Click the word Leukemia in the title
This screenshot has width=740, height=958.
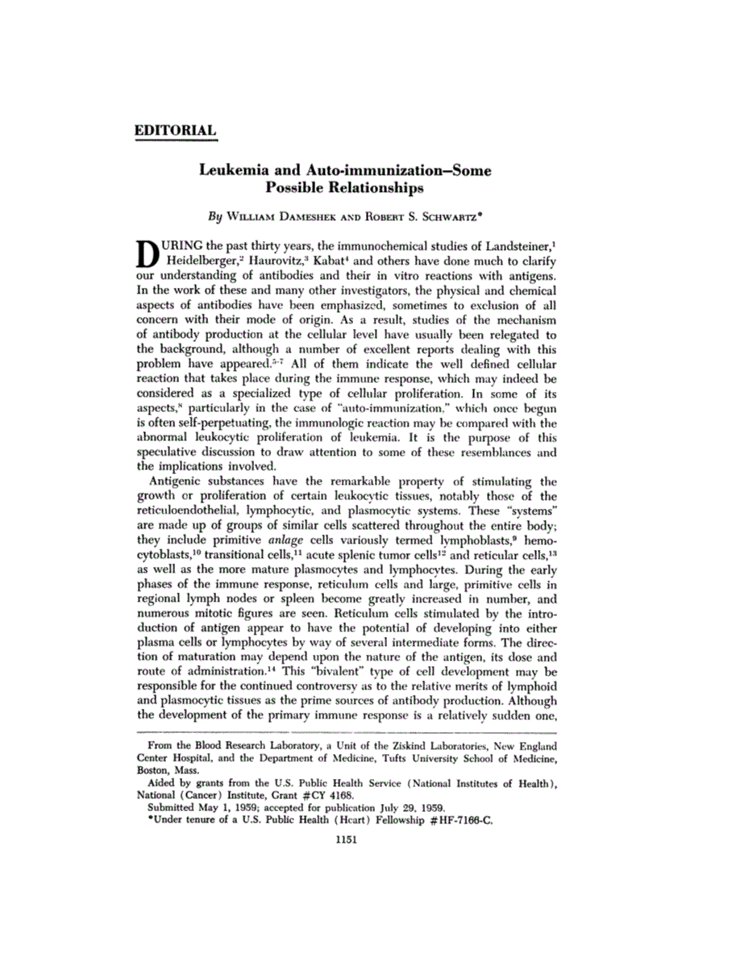click(x=234, y=171)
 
